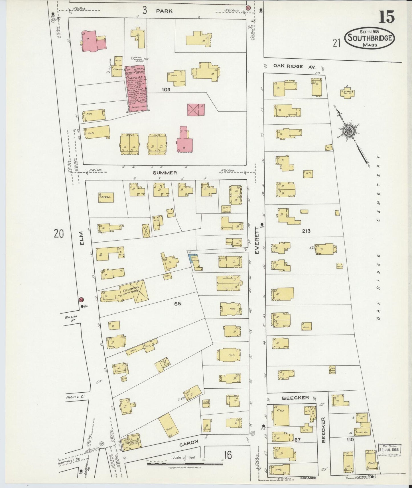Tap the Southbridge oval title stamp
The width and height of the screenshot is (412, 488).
[x=370, y=38]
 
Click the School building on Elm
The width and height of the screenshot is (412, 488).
[x=106, y=197]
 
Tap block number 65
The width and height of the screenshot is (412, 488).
[x=177, y=304]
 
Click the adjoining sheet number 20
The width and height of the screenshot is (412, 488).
[x=59, y=234]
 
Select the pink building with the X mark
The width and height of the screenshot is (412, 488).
[x=196, y=109]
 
